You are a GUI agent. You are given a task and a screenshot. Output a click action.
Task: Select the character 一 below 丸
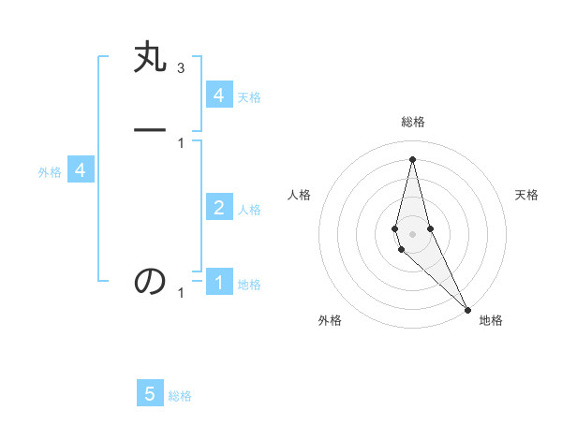[151, 129]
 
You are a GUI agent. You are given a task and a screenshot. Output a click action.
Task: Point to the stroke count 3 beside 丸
[181, 68]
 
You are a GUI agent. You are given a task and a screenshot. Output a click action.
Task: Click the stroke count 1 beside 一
[181, 142]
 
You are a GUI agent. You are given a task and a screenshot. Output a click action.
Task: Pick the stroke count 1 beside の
[181, 293]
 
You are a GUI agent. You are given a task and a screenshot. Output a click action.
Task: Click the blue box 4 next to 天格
[219, 95]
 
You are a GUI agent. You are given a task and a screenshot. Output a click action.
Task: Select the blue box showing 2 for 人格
[219, 207]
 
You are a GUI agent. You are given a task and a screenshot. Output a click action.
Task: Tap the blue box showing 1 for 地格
[219, 282]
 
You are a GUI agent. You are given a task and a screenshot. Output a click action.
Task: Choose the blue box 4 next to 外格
[81, 170]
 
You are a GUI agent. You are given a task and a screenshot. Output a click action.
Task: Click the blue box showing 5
[150, 394]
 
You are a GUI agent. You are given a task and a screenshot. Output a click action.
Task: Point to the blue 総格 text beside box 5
[180, 396]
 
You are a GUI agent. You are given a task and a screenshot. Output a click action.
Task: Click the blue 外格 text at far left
[49, 172]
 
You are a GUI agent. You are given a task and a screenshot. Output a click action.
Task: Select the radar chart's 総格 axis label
[412, 122]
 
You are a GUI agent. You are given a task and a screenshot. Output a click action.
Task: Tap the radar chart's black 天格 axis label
[526, 195]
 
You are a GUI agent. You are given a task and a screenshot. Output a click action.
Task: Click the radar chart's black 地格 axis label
[491, 320]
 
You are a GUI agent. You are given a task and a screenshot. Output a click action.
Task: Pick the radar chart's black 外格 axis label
[330, 320]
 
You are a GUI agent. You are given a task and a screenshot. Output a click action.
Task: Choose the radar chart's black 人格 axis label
[299, 195]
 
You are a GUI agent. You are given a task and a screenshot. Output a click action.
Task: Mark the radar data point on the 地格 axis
[467, 309]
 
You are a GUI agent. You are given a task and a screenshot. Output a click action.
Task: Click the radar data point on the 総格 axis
[412, 158]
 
